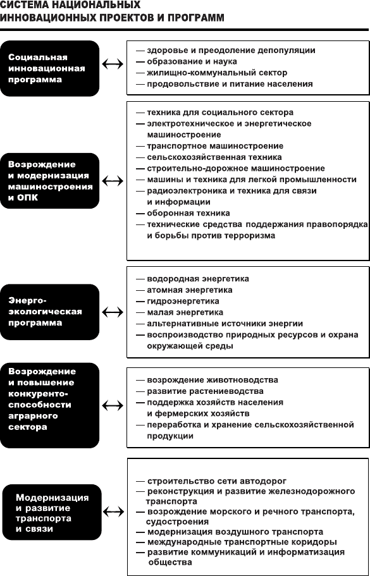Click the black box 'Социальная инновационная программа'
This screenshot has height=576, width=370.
49,68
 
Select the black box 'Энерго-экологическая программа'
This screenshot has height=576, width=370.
49,312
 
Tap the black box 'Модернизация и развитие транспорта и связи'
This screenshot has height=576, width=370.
52,512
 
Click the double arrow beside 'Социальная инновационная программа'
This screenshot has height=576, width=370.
113,64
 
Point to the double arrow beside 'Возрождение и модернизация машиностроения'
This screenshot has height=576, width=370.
113,181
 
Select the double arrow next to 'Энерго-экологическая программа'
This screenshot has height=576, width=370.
113,312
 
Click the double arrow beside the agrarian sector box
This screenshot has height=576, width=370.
113,405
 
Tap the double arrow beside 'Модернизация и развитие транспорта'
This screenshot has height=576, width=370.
114,512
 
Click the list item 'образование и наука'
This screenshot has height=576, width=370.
192,61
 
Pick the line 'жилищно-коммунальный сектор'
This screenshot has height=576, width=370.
217,73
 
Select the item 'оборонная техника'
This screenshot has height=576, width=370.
188,213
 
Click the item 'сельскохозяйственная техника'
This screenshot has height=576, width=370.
214,157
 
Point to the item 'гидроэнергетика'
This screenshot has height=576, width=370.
183,301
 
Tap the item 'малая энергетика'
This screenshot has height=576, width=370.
185,312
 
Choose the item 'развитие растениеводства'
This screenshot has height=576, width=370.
205,391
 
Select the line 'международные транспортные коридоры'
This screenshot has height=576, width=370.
242,542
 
